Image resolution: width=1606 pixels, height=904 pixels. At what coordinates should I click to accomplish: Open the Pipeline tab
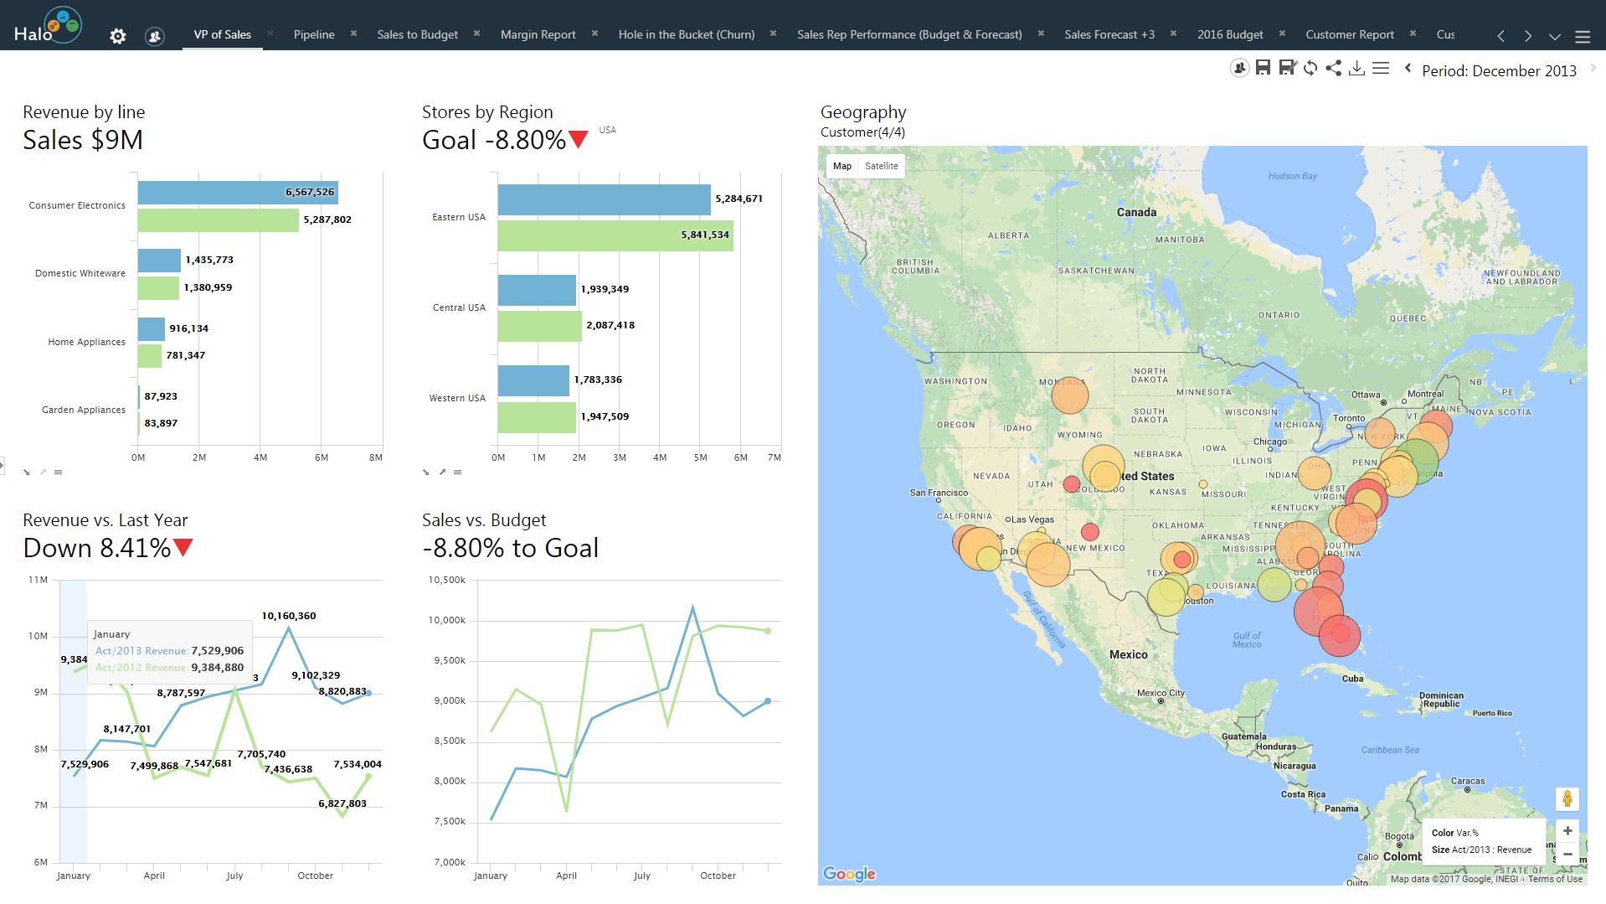click(x=314, y=34)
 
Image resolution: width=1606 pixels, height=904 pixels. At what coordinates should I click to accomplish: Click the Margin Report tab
click(x=538, y=34)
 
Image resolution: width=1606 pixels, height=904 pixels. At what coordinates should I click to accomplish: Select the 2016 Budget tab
click(x=1229, y=34)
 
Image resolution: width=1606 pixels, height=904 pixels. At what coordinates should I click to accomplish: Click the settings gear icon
click(x=118, y=36)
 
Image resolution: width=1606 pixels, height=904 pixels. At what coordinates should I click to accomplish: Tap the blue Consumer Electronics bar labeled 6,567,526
click(x=238, y=192)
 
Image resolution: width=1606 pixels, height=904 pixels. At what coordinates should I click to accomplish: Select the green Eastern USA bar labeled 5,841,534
click(x=615, y=235)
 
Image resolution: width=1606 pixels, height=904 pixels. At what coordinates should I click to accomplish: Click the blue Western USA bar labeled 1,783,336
click(x=533, y=380)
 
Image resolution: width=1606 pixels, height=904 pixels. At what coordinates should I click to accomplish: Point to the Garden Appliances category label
click(x=84, y=410)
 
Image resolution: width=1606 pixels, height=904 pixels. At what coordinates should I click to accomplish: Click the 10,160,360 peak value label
click(x=289, y=616)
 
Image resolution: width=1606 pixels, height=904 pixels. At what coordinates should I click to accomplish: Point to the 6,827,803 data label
click(x=342, y=803)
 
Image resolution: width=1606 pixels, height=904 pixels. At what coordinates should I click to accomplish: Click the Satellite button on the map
click(x=881, y=166)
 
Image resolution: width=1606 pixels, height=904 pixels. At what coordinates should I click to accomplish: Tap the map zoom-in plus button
click(x=1567, y=831)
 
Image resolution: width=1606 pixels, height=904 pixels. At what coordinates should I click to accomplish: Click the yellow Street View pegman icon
click(x=1567, y=799)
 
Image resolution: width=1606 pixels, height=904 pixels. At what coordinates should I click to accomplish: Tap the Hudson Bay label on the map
click(x=1292, y=176)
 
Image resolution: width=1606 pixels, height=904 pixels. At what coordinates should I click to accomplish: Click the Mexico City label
click(x=1160, y=693)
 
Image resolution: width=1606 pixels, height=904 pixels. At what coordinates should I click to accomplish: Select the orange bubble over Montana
click(x=1069, y=395)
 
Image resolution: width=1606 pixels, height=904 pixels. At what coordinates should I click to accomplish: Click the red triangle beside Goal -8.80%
click(x=578, y=140)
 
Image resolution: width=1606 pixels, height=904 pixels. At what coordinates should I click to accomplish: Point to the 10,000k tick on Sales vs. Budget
click(x=446, y=621)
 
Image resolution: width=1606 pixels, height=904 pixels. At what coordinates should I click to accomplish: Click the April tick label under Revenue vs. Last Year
click(x=154, y=876)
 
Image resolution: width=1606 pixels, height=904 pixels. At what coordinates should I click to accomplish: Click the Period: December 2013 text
click(x=1499, y=71)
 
